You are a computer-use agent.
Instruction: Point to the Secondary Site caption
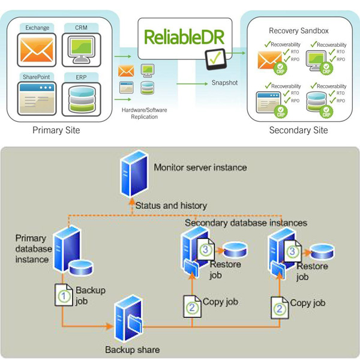point(298,130)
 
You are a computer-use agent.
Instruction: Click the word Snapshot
point(223,82)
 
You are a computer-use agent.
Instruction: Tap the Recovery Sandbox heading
point(298,29)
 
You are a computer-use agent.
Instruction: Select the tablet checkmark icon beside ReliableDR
point(214,59)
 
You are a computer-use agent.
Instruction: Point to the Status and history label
point(171,205)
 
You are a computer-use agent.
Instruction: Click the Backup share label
point(132,349)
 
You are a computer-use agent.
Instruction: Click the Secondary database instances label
point(245,223)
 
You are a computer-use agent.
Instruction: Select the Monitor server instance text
point(200,167)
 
